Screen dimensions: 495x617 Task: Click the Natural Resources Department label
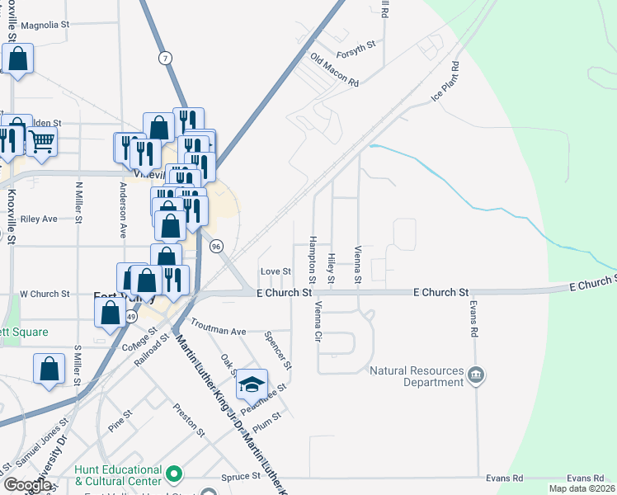[x=417, y=376]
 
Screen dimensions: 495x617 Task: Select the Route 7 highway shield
[x=167, y=57]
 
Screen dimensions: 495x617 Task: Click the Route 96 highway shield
[x=216, y=246]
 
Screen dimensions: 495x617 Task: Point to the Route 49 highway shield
[x=131, y=317]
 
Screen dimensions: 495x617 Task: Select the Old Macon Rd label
[x=334, y=70]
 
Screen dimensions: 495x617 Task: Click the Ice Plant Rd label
[x=444, y=81]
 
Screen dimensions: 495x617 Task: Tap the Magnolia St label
[x=45, y=26]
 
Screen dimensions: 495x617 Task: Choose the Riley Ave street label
[x=39, y=219]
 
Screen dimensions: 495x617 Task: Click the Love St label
[x=276, y=271]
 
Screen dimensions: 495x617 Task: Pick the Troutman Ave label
[x=219, y=327]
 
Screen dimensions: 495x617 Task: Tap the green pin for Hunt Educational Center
[x=173, y=474]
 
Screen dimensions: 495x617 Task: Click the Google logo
[x=27, y=484]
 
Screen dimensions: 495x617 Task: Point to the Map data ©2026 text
[x=582, y=488]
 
